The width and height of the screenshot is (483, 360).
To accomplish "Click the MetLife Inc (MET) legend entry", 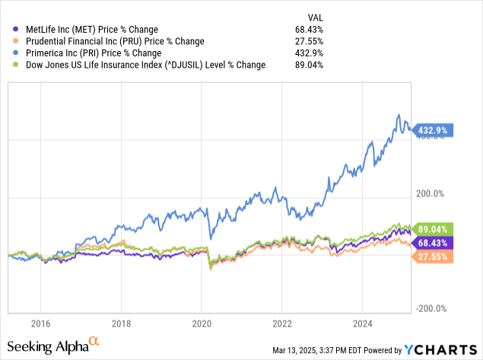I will tap(91, 29).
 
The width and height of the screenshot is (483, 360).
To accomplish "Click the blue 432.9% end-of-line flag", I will tap(434, 129).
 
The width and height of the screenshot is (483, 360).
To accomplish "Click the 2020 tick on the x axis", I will tap(202, 322).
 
